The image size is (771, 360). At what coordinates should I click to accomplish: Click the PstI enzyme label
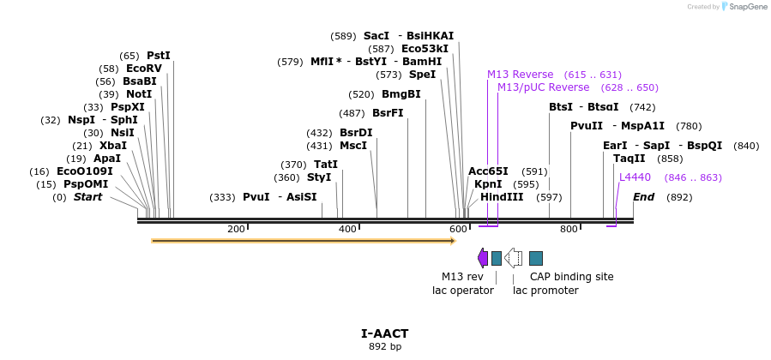click(159, 56)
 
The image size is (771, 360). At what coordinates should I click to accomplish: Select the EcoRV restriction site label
click(143, 69)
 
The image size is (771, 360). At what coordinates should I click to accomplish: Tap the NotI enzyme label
click(138, 94)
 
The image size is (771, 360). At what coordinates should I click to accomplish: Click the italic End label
click(644, 197)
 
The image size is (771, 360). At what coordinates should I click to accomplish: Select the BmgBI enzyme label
click(401, 94)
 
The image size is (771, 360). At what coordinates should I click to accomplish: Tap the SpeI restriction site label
click(422, 75)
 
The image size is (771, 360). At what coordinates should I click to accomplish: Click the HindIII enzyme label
click(502, 197)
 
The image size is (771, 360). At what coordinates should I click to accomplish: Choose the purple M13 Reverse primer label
click(520, 75)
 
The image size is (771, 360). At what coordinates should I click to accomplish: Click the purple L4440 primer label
click(635, 177)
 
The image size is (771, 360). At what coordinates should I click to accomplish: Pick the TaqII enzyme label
click(629, 159)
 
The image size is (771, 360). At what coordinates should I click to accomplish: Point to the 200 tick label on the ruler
click(236, 230)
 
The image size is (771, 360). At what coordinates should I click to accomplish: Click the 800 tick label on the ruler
click(569, 230)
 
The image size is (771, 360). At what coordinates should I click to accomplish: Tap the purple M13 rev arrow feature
click(483, 258)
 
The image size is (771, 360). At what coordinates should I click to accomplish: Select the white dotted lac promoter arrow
click(513, 258)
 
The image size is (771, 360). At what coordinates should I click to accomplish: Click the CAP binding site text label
click(571, 277)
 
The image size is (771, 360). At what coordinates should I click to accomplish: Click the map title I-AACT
click(385, 333)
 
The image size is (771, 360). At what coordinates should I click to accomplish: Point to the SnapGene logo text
click(748, 7)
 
